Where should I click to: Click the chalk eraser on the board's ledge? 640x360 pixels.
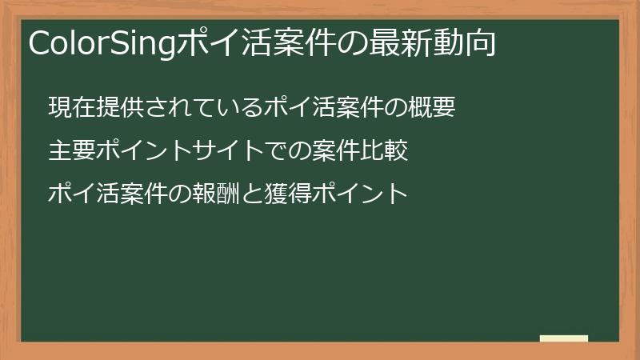pyautogui.click(x=564, y=338)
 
